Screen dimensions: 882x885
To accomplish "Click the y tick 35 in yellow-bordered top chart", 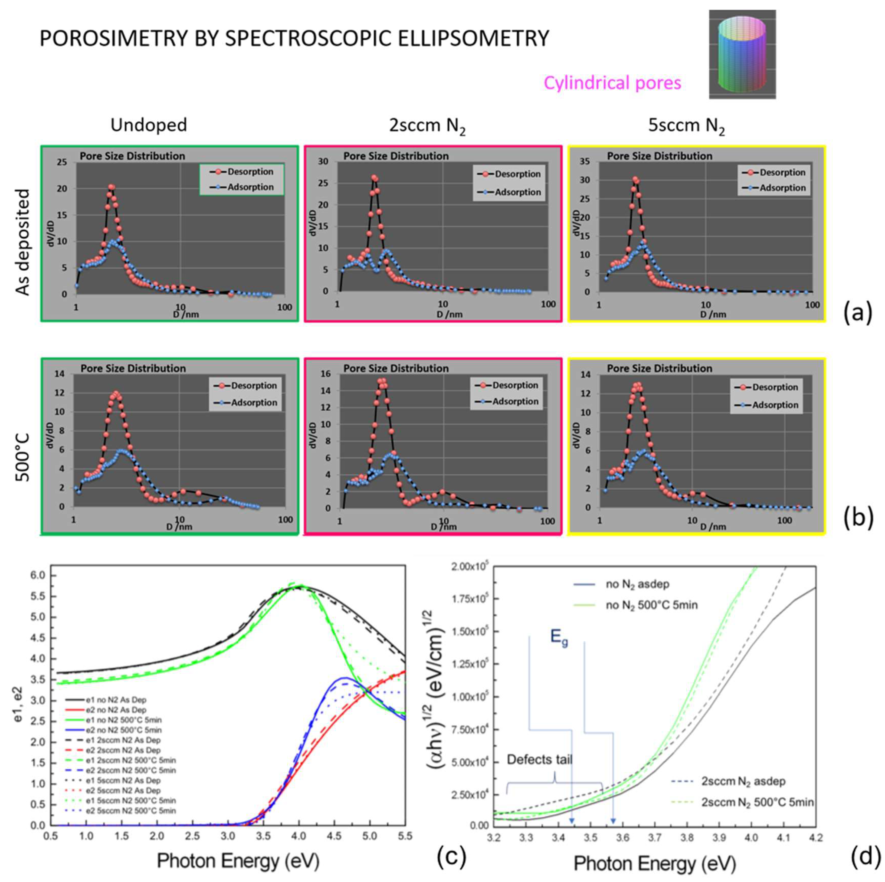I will click(589, 162).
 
